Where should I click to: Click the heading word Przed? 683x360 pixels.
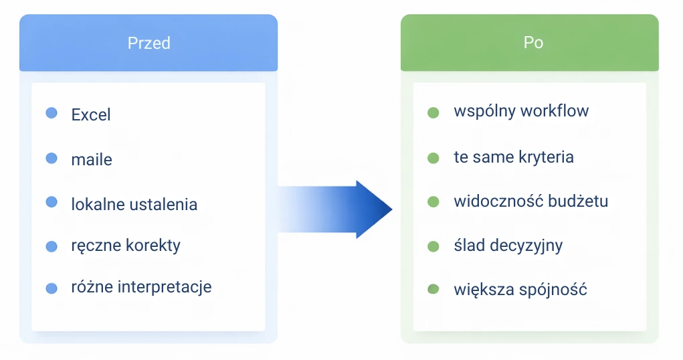pos(149,43)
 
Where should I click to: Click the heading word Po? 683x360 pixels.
pos(533,42)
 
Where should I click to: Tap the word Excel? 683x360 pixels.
pos(91,114)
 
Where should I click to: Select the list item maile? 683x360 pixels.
pos(92,159)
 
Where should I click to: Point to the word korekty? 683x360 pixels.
pos(153,245)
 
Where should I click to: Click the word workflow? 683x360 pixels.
pos(555,110)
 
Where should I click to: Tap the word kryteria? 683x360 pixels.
pos(546,157)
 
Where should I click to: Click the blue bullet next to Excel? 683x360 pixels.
pos(52,112)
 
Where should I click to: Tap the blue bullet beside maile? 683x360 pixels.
pos(52,158)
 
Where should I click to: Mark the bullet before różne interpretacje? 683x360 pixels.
pos(52,288)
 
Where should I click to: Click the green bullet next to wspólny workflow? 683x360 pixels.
pos(433,112)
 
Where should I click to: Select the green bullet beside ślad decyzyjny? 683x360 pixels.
pos(433,246)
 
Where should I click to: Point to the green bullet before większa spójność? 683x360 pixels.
pos(433,289)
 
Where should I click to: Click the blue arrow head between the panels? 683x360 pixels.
pos(373,209)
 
